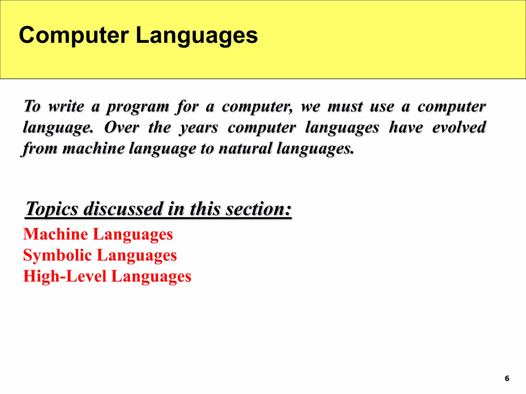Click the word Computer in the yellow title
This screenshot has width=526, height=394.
74,35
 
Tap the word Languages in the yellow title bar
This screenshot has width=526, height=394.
196,36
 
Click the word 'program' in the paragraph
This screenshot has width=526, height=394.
138,107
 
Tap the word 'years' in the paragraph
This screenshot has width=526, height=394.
199,128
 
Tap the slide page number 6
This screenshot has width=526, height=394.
507,378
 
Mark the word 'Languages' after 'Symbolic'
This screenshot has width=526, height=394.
137,255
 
